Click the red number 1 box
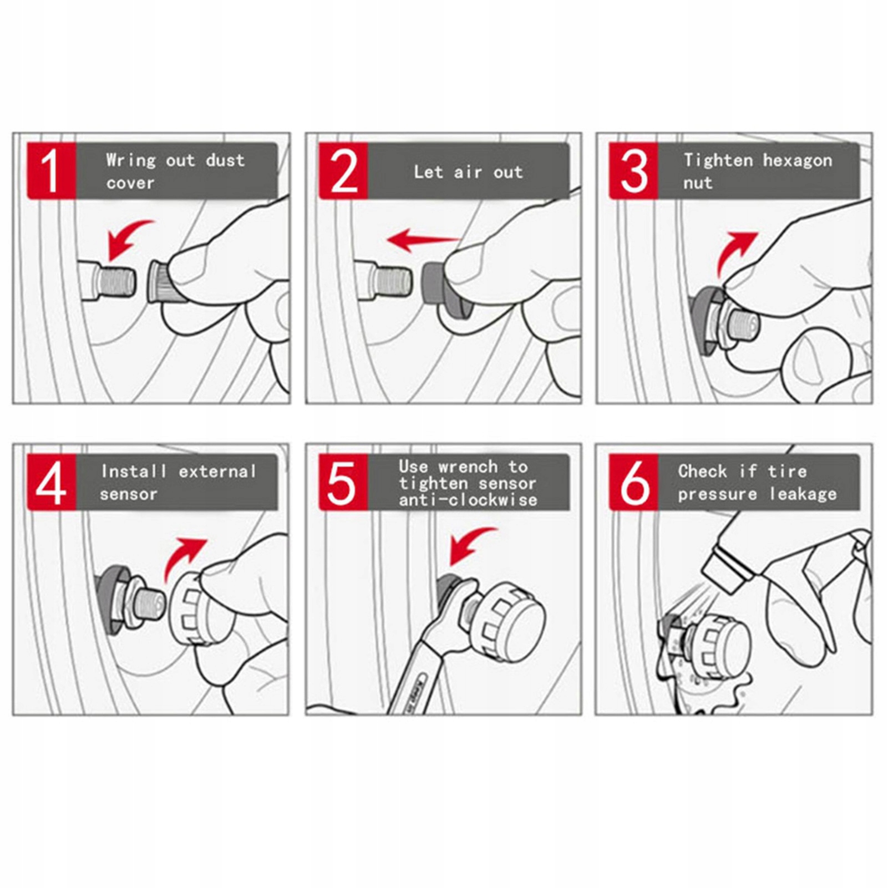tap(52, 171)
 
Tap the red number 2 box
tap(343, 171)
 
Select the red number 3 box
tap(633, 171)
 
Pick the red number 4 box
tap(52, 482)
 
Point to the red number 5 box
tap(343, 482)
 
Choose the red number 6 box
tap(633, 482)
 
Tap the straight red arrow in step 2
tap(423, 240)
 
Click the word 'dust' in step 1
tap(225, 160)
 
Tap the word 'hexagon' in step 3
tap(798, 161)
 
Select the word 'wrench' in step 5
tap(468, 467)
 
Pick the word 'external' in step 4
tap(217, 471)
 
